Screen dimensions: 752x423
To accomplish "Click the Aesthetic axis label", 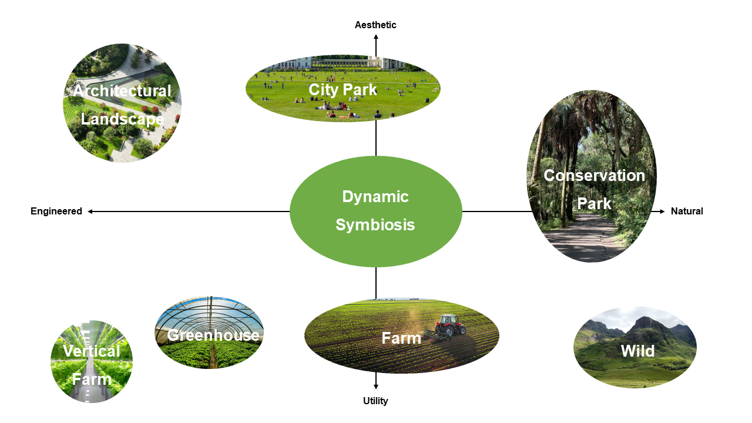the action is pos(375,25).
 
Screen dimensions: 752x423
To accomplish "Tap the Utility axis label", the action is pos(375,401).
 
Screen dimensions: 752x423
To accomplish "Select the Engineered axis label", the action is pos(56,211).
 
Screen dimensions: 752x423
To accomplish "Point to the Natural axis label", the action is pos(687,211).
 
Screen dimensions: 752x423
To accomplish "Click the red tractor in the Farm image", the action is pos(451,325).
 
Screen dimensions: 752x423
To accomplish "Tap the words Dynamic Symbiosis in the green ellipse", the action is pos(375,211).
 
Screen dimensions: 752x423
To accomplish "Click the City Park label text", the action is pos(343,90).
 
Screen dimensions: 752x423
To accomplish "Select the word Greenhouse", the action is pos(213,335).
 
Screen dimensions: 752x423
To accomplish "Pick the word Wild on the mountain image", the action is pos(637,351).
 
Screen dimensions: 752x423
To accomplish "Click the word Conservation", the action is pos(594,176).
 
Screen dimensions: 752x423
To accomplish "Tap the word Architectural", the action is pos(122,90).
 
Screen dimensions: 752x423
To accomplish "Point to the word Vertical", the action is pos(91,351).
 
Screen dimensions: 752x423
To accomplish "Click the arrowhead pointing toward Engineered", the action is pos(90,211).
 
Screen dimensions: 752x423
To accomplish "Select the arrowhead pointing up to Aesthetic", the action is pos(376,37).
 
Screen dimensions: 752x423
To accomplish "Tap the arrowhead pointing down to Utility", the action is pos(376,387).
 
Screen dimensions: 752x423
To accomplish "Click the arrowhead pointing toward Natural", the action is pos(662,211).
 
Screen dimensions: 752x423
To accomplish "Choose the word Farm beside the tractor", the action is pos(401,338).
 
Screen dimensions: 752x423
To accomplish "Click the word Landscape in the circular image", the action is pos(122,119).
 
